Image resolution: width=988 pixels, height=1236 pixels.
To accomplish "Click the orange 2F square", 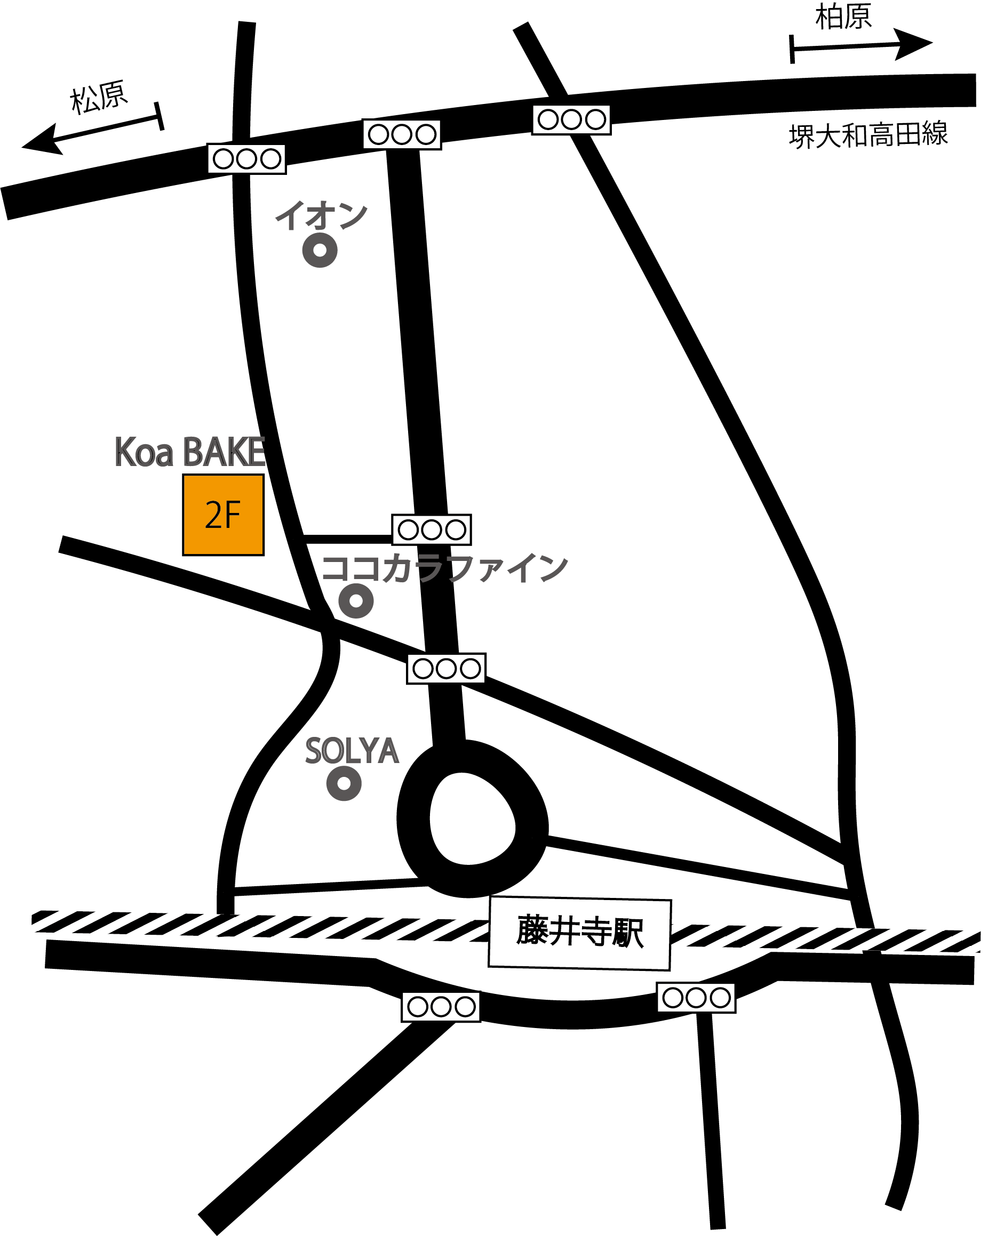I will point(223,515).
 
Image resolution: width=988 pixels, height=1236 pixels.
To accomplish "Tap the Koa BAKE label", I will point(190,452).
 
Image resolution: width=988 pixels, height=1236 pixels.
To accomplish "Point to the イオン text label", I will point(322,215).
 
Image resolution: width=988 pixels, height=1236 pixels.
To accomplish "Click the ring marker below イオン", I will point(320,251).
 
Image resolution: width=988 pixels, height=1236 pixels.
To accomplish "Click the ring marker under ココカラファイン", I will point(356,601).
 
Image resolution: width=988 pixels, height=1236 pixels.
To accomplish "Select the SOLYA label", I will point(352,751).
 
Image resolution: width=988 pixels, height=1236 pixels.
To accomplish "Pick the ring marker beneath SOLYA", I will point(344,783).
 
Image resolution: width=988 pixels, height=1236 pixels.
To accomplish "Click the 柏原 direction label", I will point(843,17).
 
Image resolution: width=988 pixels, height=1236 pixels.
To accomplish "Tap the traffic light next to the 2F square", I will point(431,529).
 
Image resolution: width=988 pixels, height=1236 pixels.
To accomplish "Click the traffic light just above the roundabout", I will point(446,669).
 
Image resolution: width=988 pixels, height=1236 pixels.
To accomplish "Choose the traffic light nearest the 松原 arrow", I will point(246,159).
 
